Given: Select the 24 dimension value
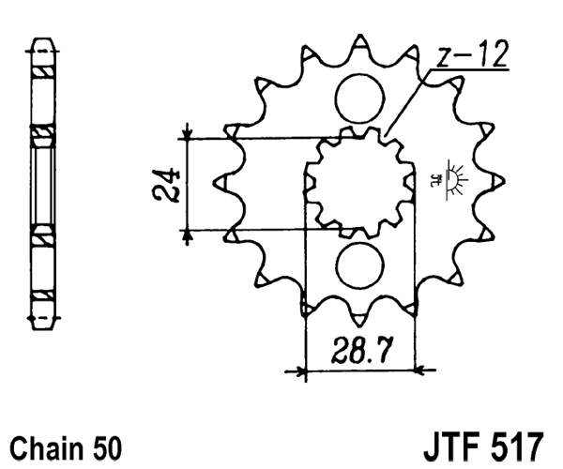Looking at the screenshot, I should [x=168, y=185].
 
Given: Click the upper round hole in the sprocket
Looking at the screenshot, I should [x=359, y=98].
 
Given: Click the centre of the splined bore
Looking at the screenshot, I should [x=359, y=180].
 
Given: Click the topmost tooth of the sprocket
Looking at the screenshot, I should [x=359, y=42].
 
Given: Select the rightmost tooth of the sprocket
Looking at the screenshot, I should [x=502, y=179].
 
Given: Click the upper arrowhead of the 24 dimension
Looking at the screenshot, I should [x=189, y=132].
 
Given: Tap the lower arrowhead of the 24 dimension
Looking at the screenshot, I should [x=189, y=235].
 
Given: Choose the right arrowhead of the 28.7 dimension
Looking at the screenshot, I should [x=414, y=371].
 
